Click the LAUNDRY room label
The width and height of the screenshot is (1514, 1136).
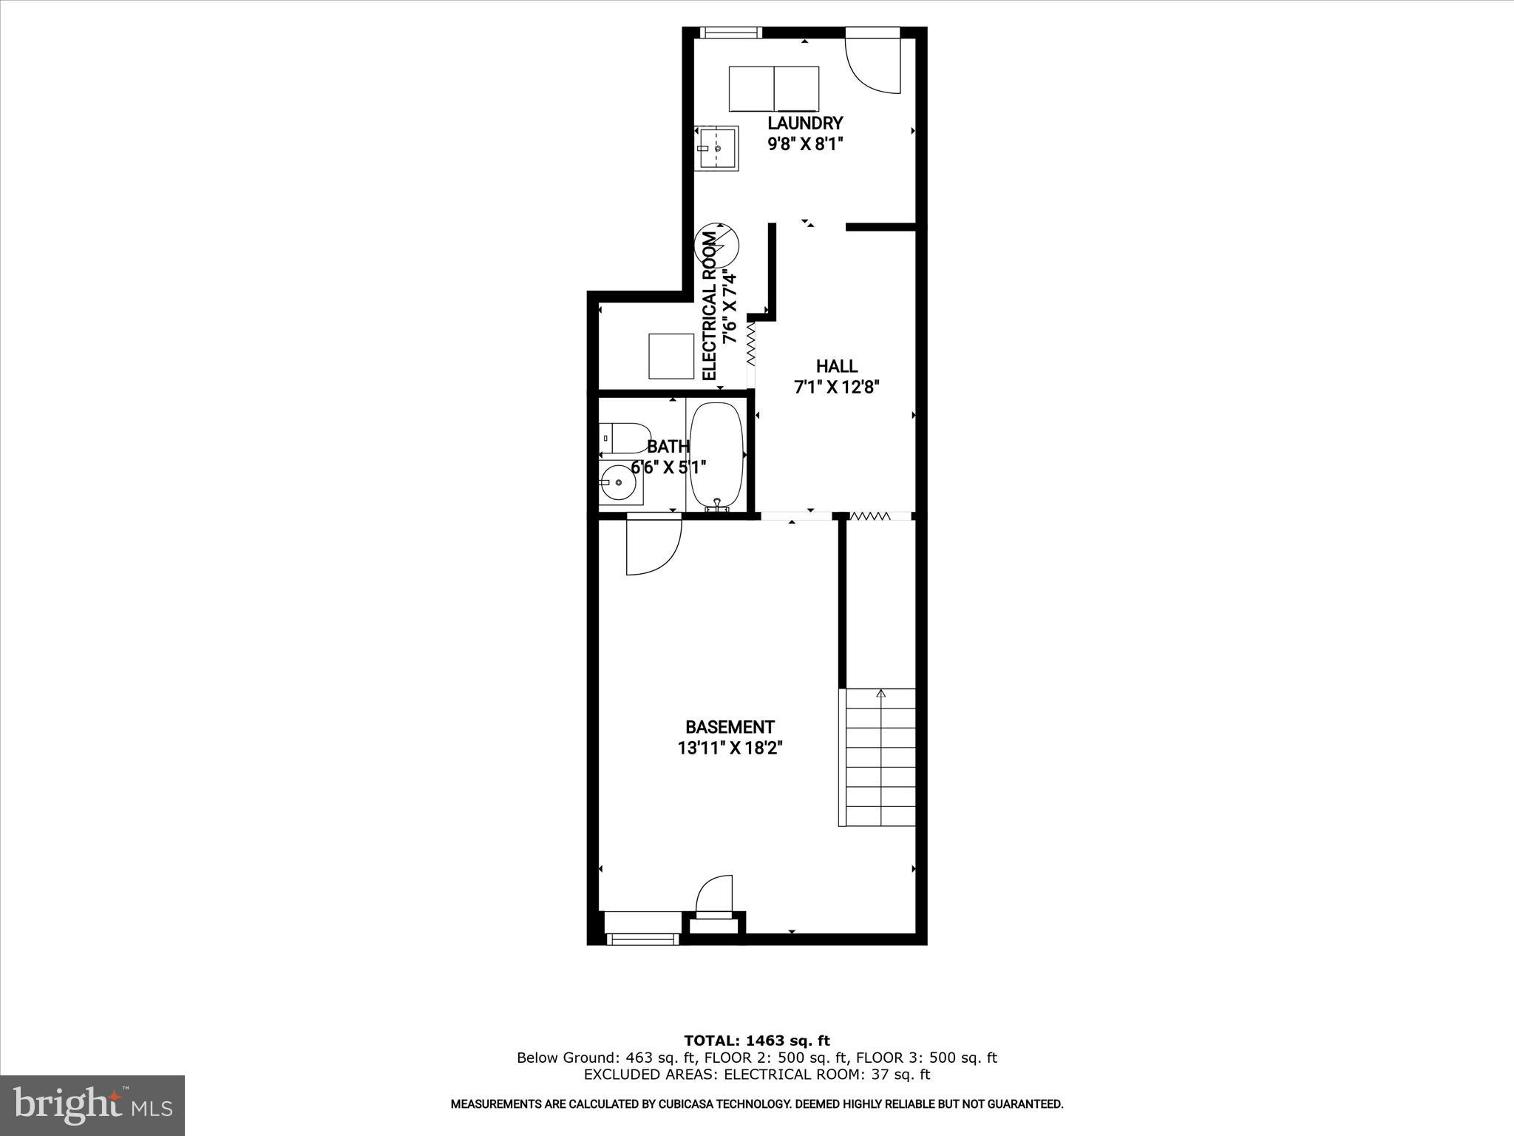(x=805, y=124)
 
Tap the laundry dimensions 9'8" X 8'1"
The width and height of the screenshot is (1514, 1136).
(x=805, y=144)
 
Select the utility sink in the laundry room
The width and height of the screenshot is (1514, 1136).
(x=717, y=148)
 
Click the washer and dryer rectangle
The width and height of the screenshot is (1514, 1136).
(x=774, y=89)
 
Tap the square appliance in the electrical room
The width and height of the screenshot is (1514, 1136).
(x=671, y=356)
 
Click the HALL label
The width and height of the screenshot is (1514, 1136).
(x=837, y=366)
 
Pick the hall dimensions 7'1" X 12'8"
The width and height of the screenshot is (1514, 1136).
(x=837, y=387)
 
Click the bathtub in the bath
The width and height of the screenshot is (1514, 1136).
(x=716, y=454)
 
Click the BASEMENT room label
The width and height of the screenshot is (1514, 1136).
(x=730, y=727)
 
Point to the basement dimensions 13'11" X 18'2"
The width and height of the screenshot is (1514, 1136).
(x=730, y=748)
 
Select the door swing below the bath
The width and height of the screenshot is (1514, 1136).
(x=652, y=547)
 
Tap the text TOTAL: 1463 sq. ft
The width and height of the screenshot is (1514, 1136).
(x=756, y=1041)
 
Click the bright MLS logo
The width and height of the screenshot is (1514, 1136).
(x=92, y=1105)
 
